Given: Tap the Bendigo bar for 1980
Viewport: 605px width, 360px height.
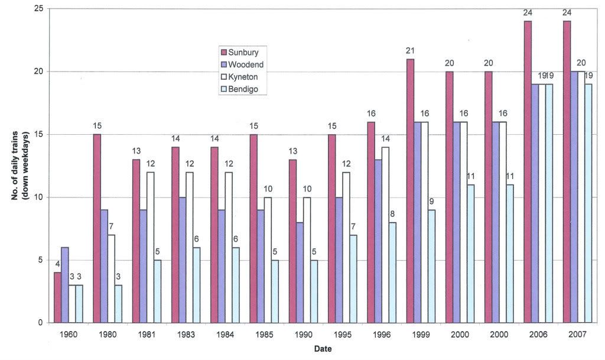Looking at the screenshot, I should (x=118, y=304).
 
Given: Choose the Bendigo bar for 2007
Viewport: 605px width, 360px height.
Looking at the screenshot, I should (x=588, y=203).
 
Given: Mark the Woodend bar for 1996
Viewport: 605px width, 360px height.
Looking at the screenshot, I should (x=378, y=241).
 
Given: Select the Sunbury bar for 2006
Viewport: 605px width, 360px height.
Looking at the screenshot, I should (x=528, y=172).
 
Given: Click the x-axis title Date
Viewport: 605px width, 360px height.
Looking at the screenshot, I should (x=323, y=349).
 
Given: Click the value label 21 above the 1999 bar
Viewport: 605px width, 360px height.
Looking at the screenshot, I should (x=410, y=51).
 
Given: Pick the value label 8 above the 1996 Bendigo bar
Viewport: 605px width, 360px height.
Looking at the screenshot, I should (x=392, y=215).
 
